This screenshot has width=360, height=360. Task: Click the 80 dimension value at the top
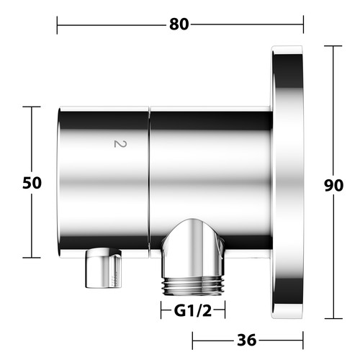point(179,24)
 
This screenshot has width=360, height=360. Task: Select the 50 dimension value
point(32,183)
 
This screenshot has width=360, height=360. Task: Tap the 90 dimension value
point(333,185)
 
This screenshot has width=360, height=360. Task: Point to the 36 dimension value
point(247,340)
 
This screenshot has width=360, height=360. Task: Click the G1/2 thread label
point(193,311)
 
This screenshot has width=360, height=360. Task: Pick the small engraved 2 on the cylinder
point(120,144)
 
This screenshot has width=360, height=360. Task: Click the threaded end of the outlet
point(193,286)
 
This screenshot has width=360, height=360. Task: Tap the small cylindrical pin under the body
point(104,268)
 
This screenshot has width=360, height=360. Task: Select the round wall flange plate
point(287,182)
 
